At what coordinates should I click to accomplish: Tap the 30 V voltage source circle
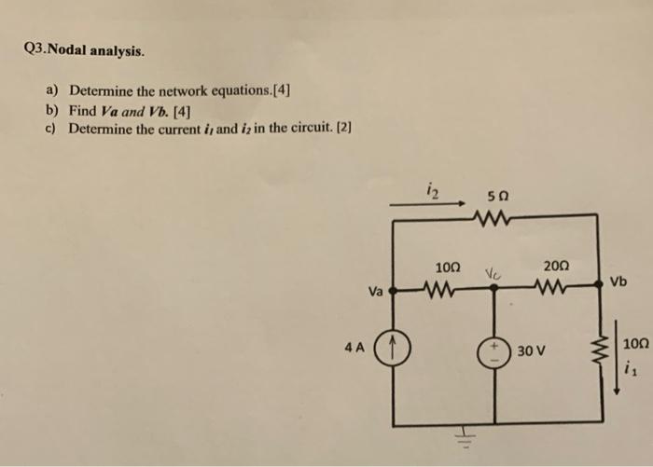point(495,350)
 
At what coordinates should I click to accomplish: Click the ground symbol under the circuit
point(463,436)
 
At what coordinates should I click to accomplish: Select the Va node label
point(374,291)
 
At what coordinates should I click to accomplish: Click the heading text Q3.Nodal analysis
point(81,50)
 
